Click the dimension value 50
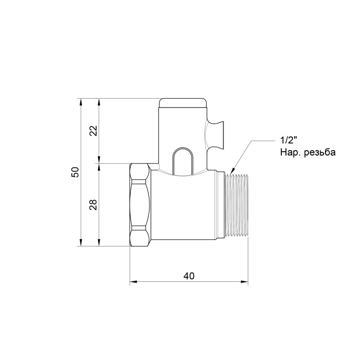click(76, 172)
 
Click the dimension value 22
click(94, 131)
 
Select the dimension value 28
click(94, 205)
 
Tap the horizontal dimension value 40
click(188, 276)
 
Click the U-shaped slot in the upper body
click(182, 161)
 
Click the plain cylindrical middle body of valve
click(186, 208)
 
